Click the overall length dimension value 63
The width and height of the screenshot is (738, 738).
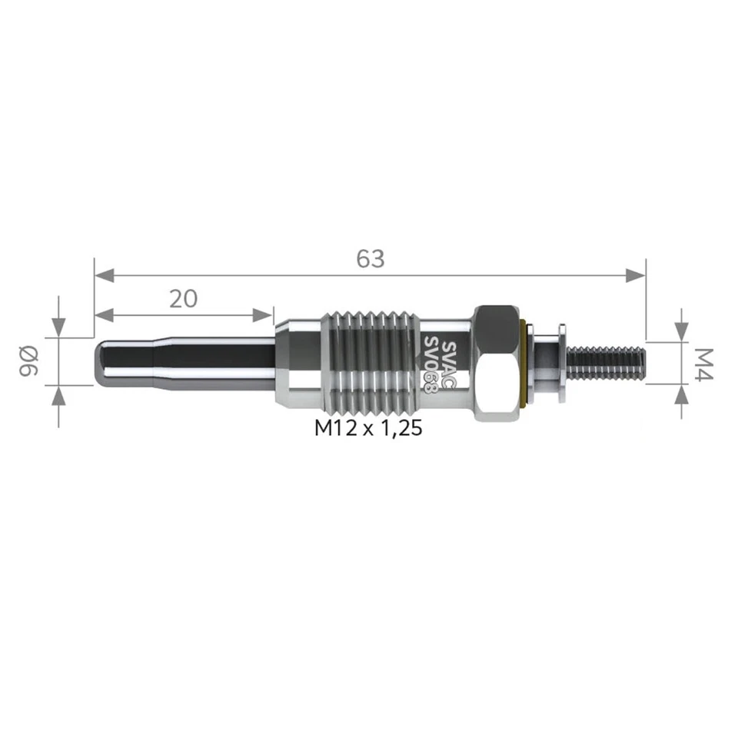click(370, 259)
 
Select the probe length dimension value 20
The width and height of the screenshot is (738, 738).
click(183, 298)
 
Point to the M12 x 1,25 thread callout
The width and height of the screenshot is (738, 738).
click(368, 429)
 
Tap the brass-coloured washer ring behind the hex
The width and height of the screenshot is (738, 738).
click(524, 362)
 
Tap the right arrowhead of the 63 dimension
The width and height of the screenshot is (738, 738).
click(636, 275)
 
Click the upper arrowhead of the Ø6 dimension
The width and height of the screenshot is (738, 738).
click(58, 328)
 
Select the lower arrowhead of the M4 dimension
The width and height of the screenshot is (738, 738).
click(681, 393)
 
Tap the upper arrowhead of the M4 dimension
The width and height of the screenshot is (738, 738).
click(681, 331)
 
